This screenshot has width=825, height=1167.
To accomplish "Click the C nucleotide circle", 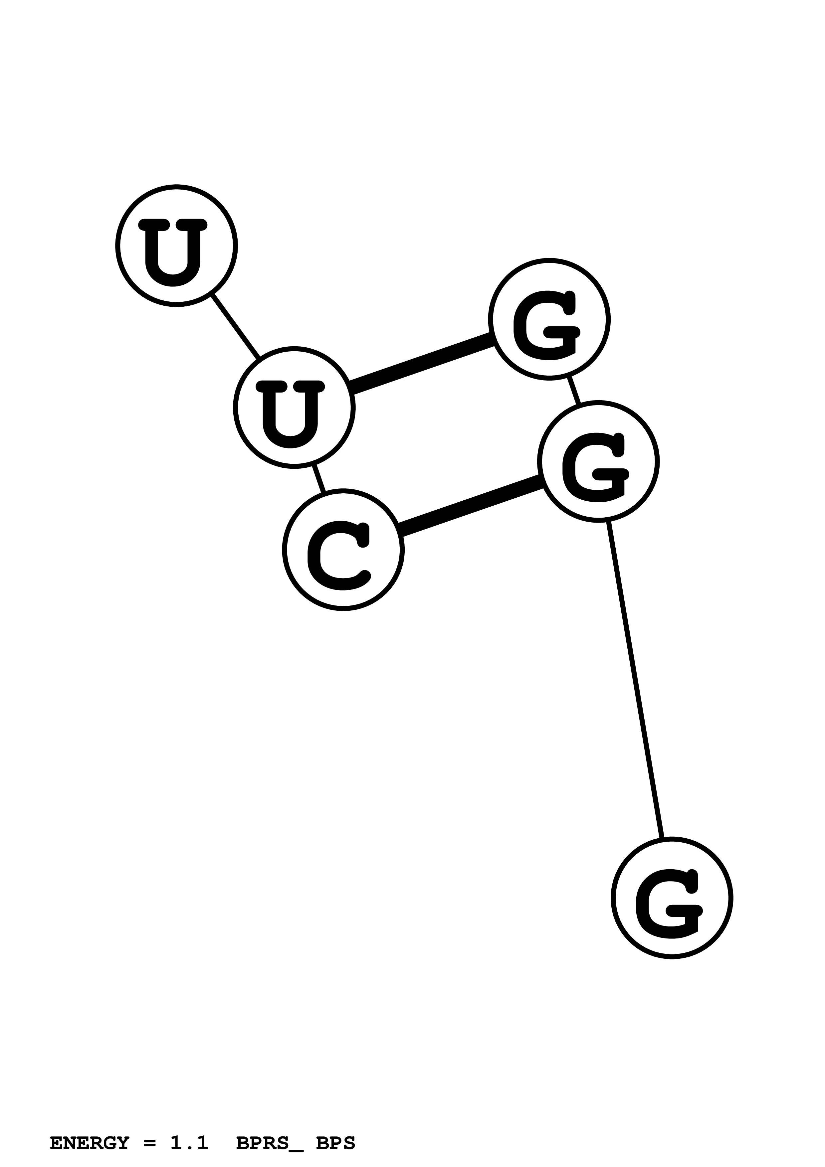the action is pyautogui.click(x=343, y=550).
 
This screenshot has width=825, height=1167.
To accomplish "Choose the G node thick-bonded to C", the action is pyautogui.click(x=598, y=461).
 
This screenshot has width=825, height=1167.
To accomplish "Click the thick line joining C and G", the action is pyautogui.click(x=470, y=506).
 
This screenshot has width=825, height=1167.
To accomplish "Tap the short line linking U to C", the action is pyautogui.click(x=319, y=478).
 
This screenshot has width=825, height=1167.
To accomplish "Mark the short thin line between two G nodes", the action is pyautogui.click(x=574, y=390).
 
